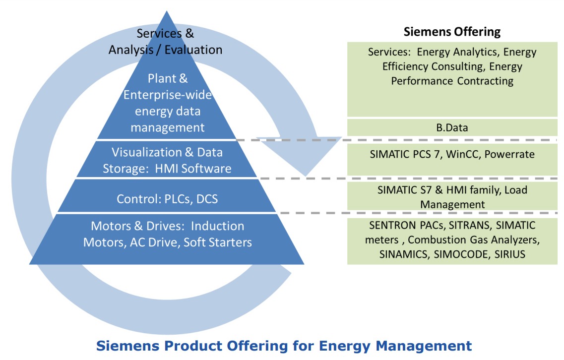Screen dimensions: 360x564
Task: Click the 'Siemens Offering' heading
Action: pyautogui.click(x=452, y=32)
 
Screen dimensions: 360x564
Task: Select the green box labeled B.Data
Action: pyautogui.click(x=452, y=128)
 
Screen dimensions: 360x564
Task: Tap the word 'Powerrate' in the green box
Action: pyautogui.click(x=509, y=154)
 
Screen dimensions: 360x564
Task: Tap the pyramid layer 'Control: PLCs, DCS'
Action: pyautogui.click(x=167, y=199)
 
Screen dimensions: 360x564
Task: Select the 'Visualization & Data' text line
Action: pyautogui.click(x=167, y=152)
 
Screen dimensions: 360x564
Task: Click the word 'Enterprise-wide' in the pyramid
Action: pyautogui.click(x=167, y=95)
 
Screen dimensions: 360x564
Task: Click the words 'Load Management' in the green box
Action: pyautogui.click(x=452, y=197)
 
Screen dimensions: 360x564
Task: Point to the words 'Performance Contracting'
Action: pyautogui.click(x=465, y=80)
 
